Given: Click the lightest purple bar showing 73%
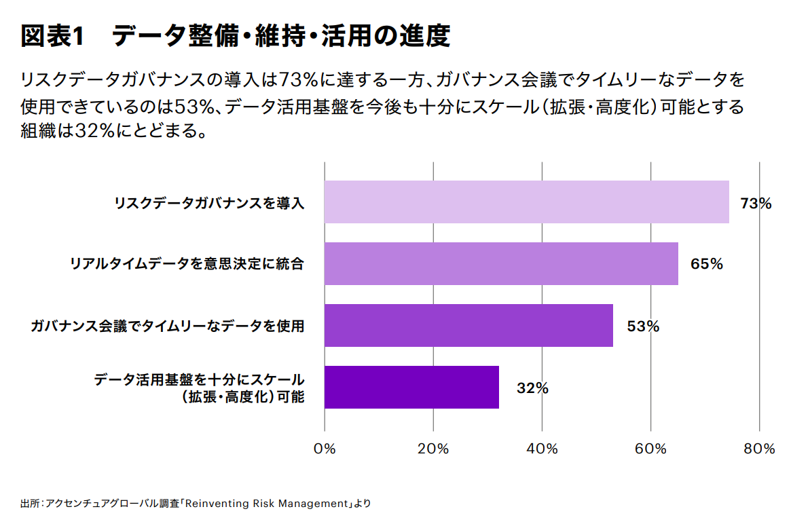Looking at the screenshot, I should click(526, 202).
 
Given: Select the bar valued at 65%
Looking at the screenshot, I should click(501, 263).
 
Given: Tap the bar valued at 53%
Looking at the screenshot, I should click(468, 326).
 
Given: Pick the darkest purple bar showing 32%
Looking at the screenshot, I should click(411, 388).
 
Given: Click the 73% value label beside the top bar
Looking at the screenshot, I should click(756, 203).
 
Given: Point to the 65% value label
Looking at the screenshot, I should click(706, 264).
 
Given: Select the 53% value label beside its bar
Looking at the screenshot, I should click(642, 326).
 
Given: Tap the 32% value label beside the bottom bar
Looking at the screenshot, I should click(532, 388).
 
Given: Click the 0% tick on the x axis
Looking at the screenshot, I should click(325, 449).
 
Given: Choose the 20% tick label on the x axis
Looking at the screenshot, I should click(433, 449).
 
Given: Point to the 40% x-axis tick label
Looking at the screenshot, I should click(542, 449).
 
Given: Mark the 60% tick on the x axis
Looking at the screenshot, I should click(650, 449).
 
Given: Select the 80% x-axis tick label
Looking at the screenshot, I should click(759, 449).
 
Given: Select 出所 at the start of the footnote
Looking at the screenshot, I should click(29, 504).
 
